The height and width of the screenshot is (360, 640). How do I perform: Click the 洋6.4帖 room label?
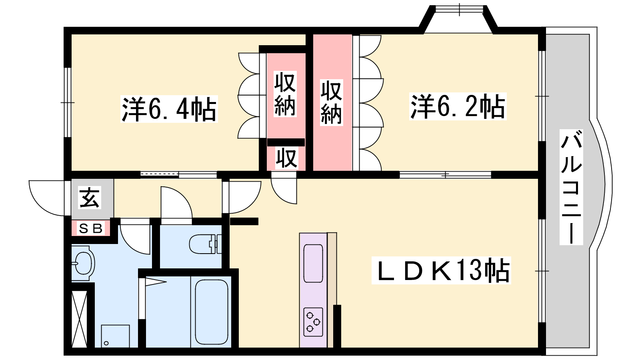[x=169, y=109]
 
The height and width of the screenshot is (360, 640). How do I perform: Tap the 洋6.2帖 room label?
[x=458, y=106]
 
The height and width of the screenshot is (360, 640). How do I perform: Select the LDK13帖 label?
[x=441, y=270]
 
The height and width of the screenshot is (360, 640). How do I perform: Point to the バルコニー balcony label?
[x=571, y=187]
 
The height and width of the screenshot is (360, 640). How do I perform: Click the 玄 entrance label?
[x=90, y=198]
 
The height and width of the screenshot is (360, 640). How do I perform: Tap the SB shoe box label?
[x=90, y=228]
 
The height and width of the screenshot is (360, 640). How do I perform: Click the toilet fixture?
[x=205, y=244]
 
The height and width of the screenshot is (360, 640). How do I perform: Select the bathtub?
[x=212, y=312]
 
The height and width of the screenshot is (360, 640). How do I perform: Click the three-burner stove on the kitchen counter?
[x=313, y=322]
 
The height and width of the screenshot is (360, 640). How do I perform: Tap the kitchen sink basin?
[x=313, y=263]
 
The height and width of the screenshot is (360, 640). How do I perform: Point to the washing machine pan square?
[x=116, y=336]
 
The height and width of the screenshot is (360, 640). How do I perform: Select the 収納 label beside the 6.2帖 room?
[x=332, y=102]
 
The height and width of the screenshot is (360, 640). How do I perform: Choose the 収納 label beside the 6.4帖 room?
[x=285, y=94]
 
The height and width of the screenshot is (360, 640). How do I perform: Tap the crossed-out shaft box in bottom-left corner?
[x=79, y=319]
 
